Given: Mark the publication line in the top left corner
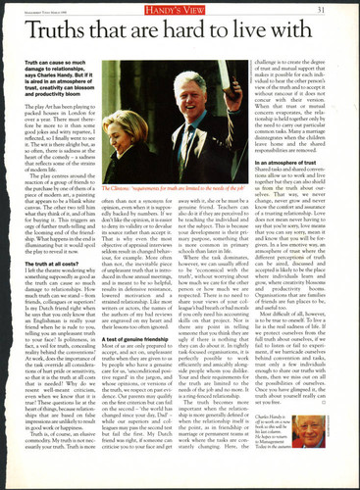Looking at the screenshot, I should tap(44, 12).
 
